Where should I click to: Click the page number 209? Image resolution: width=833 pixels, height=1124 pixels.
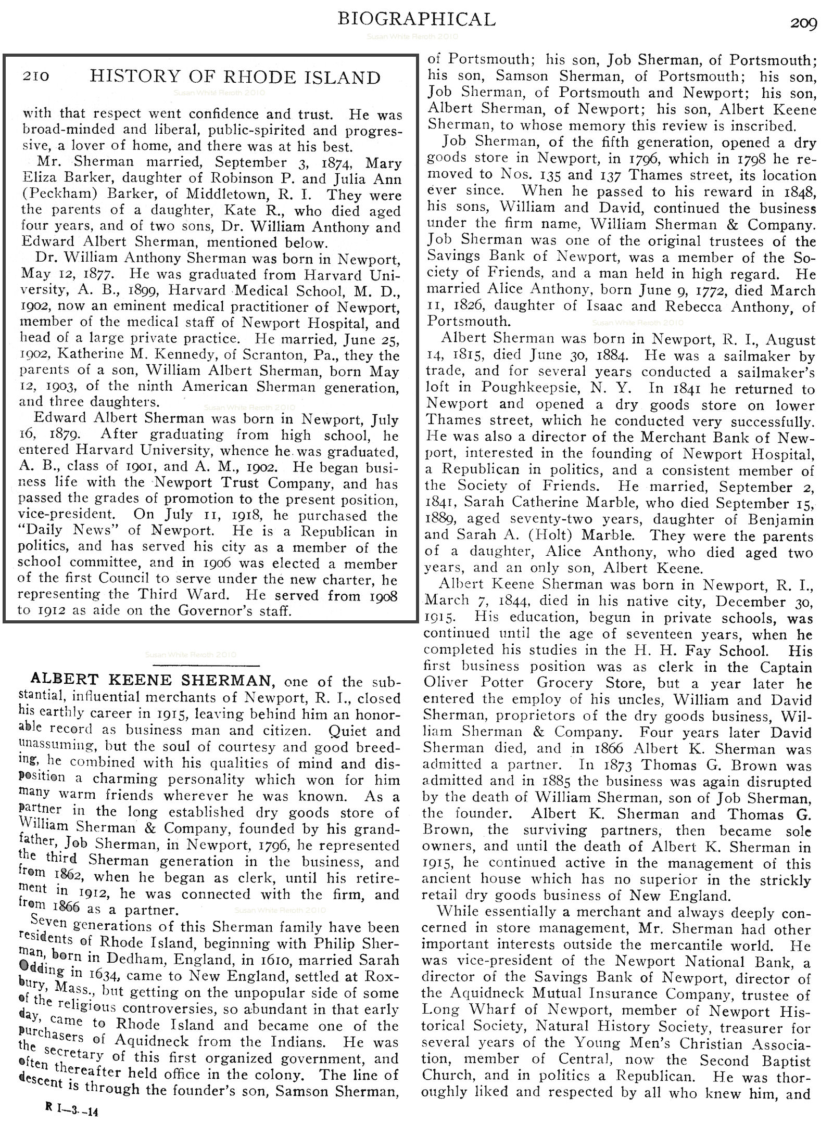tap(804, 24)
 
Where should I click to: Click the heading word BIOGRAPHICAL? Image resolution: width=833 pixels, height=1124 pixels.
tap(416, 19)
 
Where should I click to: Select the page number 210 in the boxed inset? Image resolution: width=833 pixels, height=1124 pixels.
tap(35, 76)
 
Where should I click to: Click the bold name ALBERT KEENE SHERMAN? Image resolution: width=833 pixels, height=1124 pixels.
tap(151, 680)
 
